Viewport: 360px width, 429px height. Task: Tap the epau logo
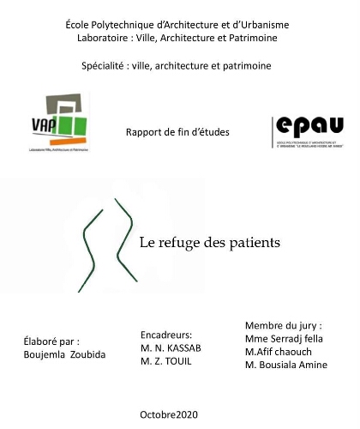pyautogui.click(x=307, y=131)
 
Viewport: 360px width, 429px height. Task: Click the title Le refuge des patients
pyautogui.click(x=210, y=242)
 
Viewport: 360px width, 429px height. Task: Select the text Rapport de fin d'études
pyautogui.click(x=177, y=131)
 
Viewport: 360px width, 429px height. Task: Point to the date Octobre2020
pyautogui.click(x=168, y=414)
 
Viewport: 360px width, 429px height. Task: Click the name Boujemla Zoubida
pyautogui.click(x=65, y=354)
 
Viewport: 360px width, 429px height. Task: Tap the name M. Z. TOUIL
pyautogui.click(x=166, y=362)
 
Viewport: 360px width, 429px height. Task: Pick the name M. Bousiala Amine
pyautogui.click(x=285, y=366)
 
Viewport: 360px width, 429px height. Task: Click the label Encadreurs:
pyautogui.click(x=166, y=335)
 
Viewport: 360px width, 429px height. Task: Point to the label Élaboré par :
pyautogui.click(x=51, y=341)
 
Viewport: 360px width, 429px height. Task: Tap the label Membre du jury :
pyautogui.click(x=283, y=325)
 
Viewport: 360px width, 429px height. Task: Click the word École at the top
pyautogui.click(x=80, y=24)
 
